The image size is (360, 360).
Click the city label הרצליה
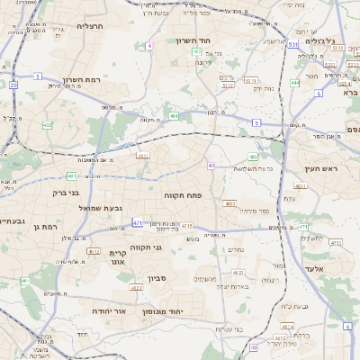(91, 27)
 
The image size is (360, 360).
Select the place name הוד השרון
(216, 43)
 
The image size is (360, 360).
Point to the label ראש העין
(319, 169)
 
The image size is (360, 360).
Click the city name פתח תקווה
(183, 194)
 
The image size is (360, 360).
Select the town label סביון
(158, 278)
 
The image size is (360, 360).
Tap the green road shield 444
(295, 83)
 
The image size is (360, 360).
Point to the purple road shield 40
(211, 166)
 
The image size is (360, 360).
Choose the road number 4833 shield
(230, 203)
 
